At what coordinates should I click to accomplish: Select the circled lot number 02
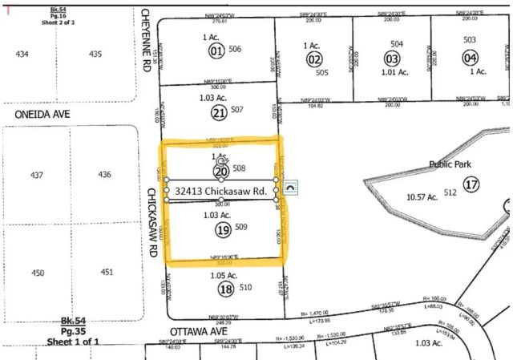pos(314,59)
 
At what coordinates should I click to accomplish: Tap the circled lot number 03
pos(392,59)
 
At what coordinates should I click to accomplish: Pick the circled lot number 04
pos(470,58)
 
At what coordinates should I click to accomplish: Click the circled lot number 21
pos(220,113)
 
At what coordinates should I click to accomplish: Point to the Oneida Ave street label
pos(42,115)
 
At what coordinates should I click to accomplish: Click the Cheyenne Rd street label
pos(147,41)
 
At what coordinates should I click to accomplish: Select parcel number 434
pos(23,54)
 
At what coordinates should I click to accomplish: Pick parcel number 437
pos(36,175)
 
